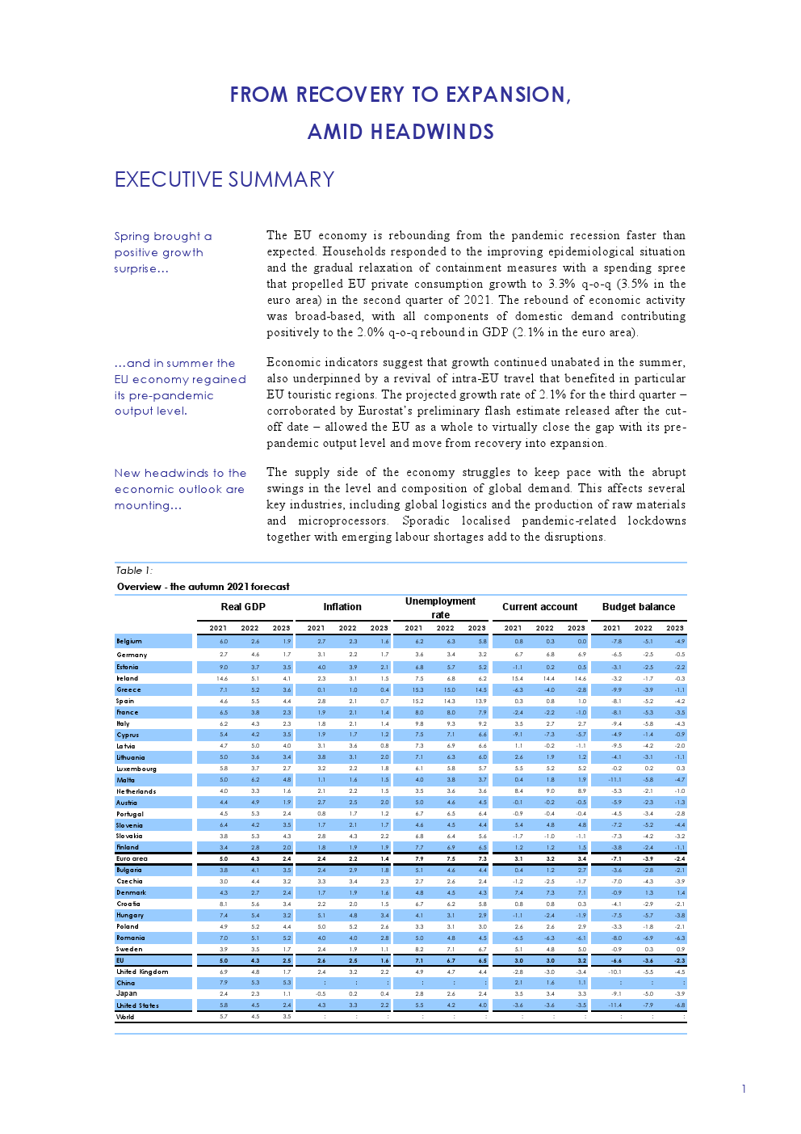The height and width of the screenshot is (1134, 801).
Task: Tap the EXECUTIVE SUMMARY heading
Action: pyautogui.click(x=224, y=179)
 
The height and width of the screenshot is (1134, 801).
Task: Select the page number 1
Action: pyautogui.click(x=744, y=1089)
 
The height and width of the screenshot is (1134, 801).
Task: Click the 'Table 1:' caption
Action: pyautogui.click(x=133, y=571)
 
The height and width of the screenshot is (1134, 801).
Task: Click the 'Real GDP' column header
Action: pyautogui.click(x=243, y=607)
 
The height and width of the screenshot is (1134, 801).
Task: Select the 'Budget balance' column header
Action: pyautogui.click(x=638, y=607)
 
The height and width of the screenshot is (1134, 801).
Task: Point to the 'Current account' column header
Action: pyautogui.click(x=539, y=607)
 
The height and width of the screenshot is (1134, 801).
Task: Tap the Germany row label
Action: pyautogui.click(x=132, y=655)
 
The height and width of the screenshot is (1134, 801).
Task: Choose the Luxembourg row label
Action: pyautogui.click(x=136, y=769)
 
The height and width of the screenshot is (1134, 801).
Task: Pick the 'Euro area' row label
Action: pyautogui.click(x=132, y=858)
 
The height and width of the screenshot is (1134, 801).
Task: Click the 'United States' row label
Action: pyautogui.click(x=137, y=1005)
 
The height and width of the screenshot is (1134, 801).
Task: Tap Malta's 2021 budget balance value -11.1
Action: pyautogui.click(x=614, y=780)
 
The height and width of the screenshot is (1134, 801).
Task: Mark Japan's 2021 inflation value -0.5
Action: pyautogui.click(x=321, y=993)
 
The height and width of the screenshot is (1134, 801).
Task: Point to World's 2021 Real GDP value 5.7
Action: pyautogui.click(x=224, y=1017)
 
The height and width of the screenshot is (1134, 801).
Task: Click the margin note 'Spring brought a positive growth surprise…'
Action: pyautogui.click(x=162, y=252)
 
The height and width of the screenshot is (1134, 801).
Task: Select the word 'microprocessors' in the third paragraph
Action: pyautogui.click(x=342, y=521)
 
